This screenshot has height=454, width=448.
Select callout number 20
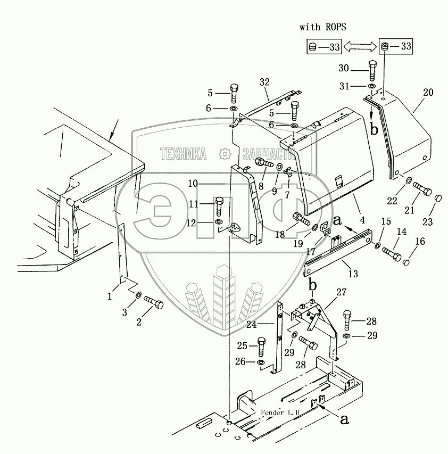pos(428,93)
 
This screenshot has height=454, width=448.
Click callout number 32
pos(264,82)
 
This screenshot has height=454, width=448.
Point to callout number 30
pos(344,68)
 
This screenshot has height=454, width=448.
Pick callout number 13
pos(352,274)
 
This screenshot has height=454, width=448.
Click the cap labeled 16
pos(407,261)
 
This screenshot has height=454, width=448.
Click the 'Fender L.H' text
pos(280,412)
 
